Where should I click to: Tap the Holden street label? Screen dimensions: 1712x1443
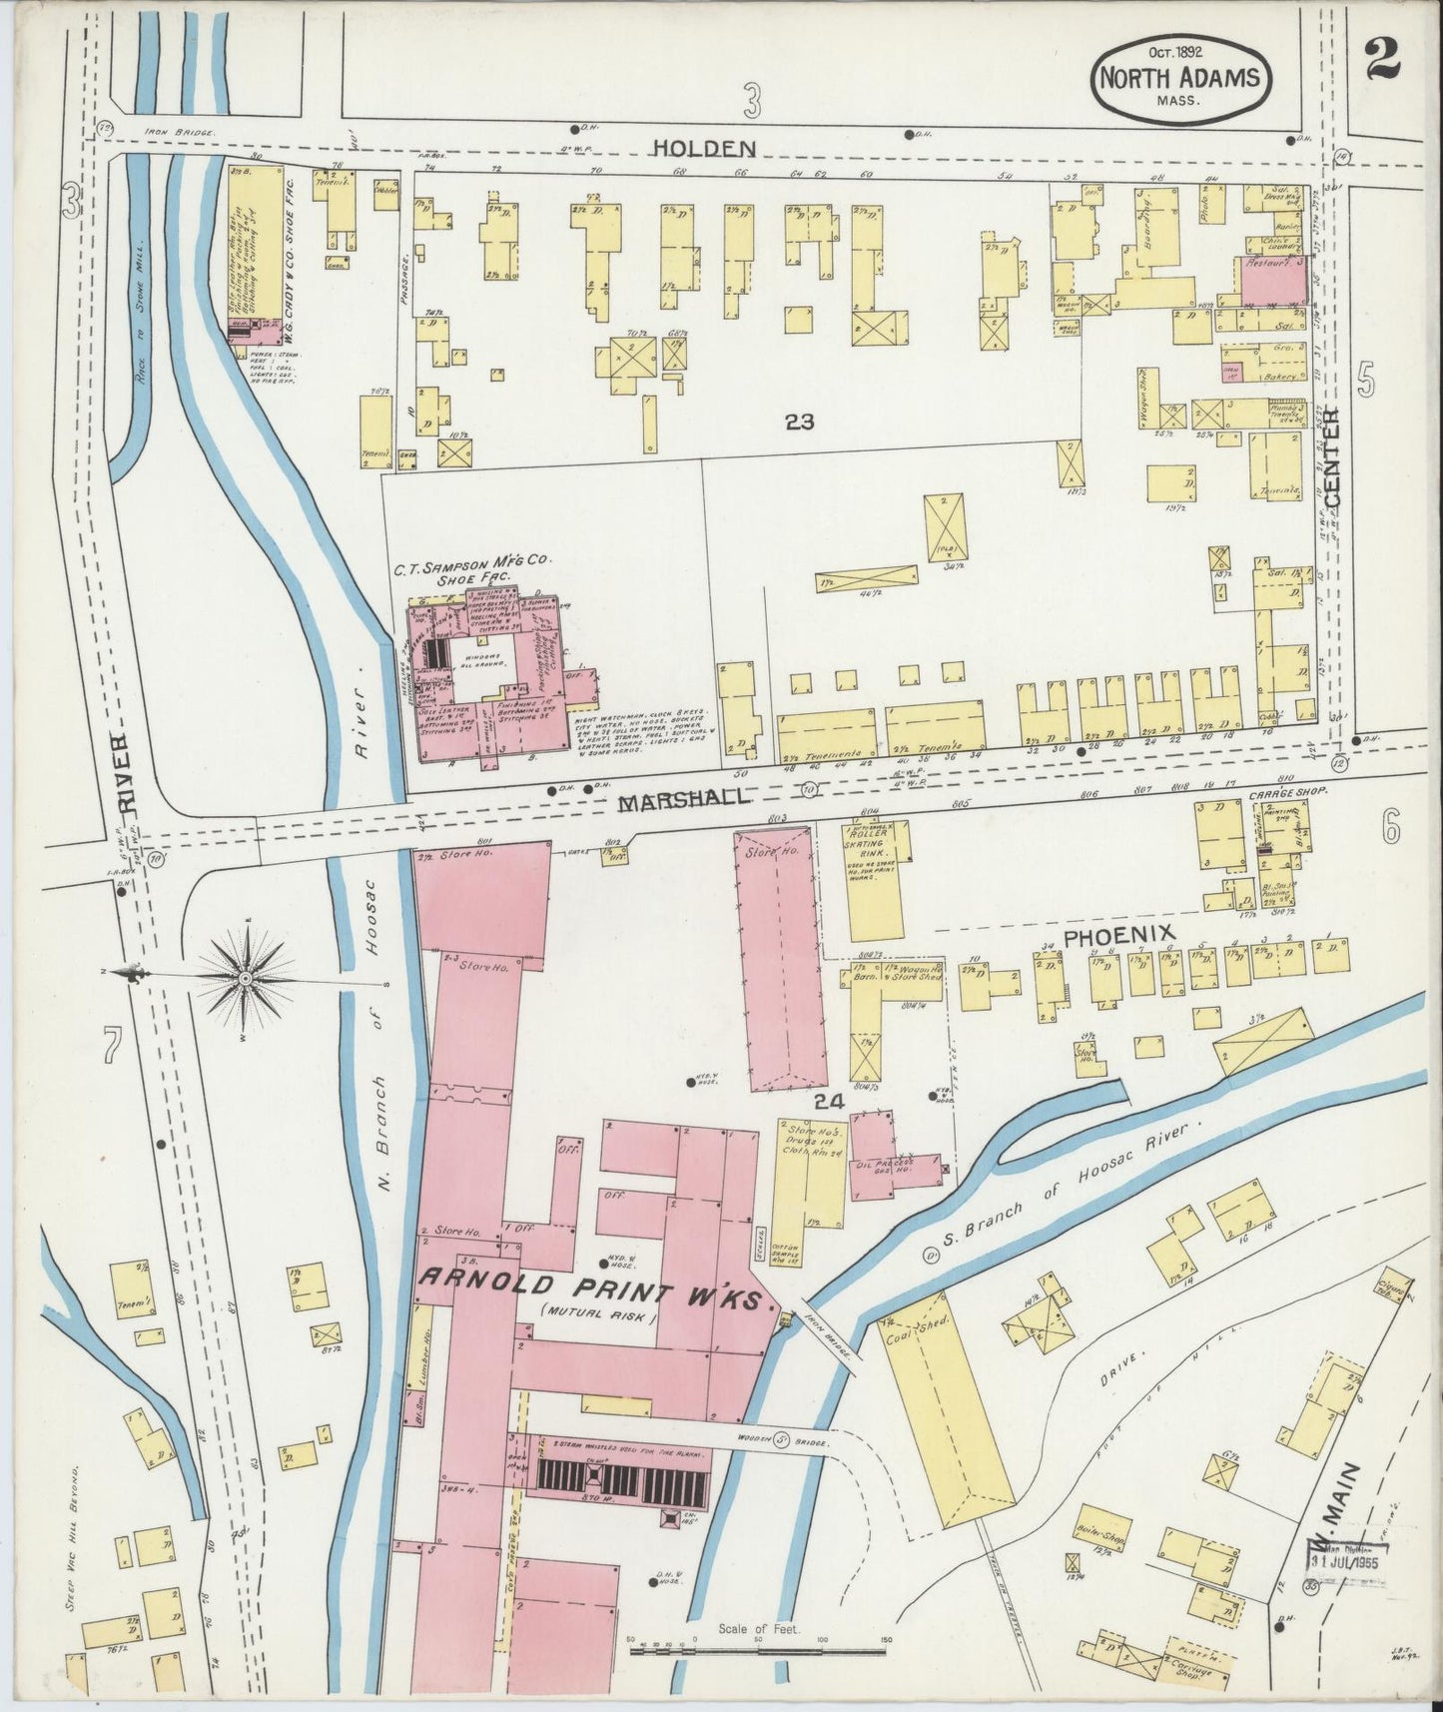703,149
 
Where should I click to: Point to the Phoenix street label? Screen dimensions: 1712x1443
1117,936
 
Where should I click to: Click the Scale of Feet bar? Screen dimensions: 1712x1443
760,1644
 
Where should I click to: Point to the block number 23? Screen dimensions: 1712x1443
799,423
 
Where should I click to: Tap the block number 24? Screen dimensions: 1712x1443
829,1102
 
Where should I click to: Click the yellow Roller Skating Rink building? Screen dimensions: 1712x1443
876,879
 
